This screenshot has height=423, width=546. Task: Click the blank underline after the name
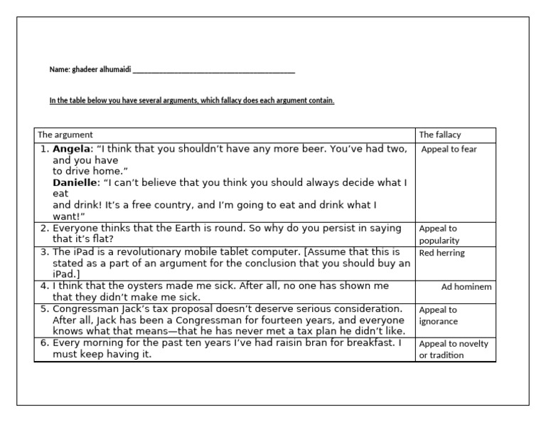click(213, 71)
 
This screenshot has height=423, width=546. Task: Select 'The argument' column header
click(65, 135)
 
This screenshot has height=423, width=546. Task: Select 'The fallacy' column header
click(440, 135)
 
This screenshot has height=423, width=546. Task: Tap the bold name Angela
click(73, 149)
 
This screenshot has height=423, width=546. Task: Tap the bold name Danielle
click(76, 182)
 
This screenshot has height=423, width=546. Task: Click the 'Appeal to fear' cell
click(449, 150)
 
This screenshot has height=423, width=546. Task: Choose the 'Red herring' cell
click(441, 253)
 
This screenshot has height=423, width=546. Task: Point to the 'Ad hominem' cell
click(466, 287)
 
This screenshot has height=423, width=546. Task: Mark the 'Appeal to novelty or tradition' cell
click(454, 349)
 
